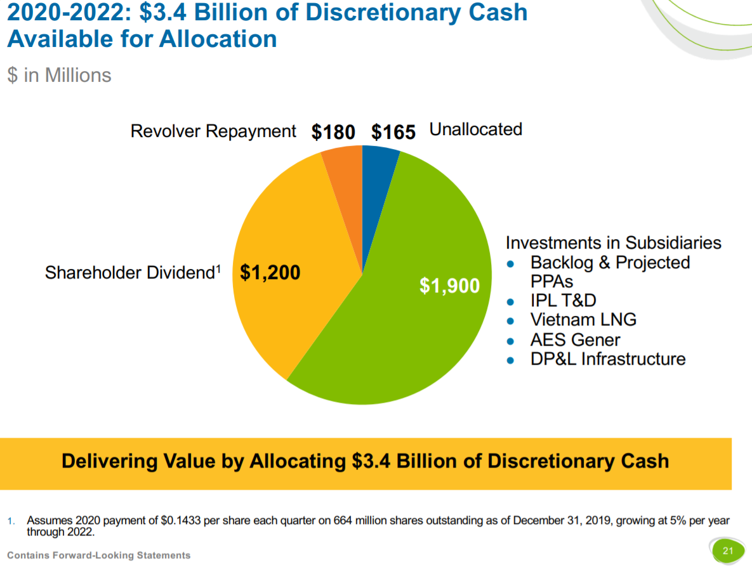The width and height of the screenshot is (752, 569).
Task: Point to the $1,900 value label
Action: [x=449, y=286]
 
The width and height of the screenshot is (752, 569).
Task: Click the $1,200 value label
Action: [x=270, y=273]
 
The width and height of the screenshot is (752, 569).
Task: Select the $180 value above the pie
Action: [x=333, y=132]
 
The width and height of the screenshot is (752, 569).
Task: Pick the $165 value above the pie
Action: [x=393, y=132]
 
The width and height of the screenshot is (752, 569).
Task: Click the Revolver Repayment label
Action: [x=213, y=131]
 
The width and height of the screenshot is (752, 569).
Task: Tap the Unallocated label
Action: [x=476, y=129]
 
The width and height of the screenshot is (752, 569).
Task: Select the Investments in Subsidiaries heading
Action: [x=613, y=243]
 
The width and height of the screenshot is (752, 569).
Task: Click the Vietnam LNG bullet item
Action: [x=583, y=320]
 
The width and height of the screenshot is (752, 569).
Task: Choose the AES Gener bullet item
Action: [x=575, y=339]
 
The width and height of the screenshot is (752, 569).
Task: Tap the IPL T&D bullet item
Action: [x=563, y=300]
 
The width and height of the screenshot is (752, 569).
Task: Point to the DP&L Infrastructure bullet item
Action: [x=607, y=359]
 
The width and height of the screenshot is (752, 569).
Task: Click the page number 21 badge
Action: [x=727, y=551]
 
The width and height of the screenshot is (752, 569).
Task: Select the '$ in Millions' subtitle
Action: [x=59, y=75]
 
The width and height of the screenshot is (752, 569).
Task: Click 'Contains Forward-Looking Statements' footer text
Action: [x=98, y=555]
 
